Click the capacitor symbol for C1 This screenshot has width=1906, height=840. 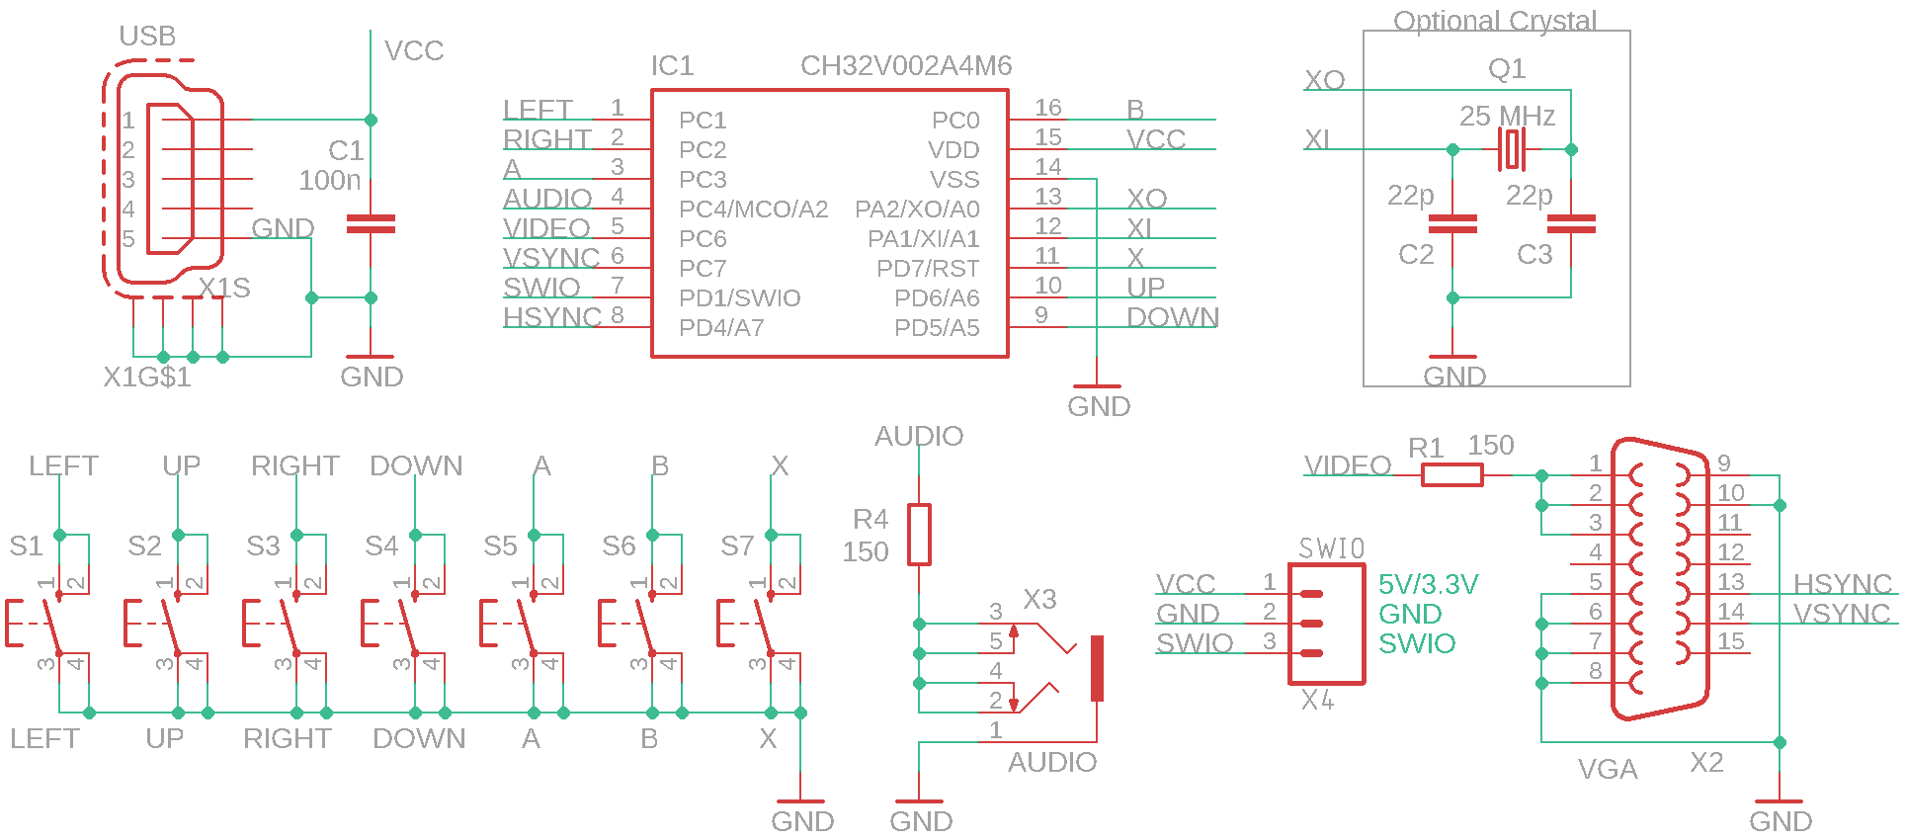[371, 224]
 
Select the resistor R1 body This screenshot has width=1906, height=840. [1451, 475]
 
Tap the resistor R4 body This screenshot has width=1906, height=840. [919, 535]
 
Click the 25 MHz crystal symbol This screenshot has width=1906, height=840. [1512, 149]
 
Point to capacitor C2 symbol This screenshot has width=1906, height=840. [1452, 224]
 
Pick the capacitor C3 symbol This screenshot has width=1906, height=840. [1571, 224]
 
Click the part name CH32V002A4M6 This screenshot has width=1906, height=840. [906, 66]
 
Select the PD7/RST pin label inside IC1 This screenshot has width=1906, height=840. [928, 269]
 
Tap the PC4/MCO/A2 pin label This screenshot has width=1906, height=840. [753, 210]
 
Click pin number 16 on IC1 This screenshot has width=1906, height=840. [1047, 108]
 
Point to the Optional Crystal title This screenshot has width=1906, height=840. [1494, 21]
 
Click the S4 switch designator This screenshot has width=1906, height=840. [381, 546]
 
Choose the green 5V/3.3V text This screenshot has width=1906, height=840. [1428, 584]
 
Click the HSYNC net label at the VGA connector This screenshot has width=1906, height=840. [1843, 584]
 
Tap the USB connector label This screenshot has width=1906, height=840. [147, 37]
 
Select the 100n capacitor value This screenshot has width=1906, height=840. [330, 181]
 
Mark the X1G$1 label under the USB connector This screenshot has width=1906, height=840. [147, 378]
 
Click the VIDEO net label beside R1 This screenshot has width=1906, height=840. [1348, 465]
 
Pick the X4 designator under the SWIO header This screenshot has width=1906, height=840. [1317, 701]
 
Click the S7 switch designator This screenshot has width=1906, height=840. [737, 546]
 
